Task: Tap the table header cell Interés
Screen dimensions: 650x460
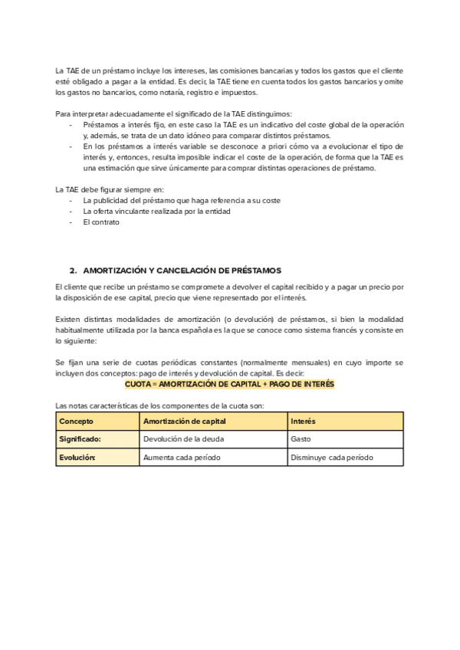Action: (303, 422)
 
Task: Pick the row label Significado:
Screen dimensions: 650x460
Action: (80, 439)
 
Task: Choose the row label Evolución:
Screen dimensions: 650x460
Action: (77, 457)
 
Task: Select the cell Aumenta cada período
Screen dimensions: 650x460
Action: (181, 457)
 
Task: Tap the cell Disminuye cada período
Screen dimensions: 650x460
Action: (331, 457)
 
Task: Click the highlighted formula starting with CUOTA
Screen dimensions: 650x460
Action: (230, 384)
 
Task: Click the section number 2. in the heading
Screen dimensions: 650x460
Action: (74, 271)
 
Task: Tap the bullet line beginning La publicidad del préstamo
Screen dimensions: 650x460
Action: (181, 200)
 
